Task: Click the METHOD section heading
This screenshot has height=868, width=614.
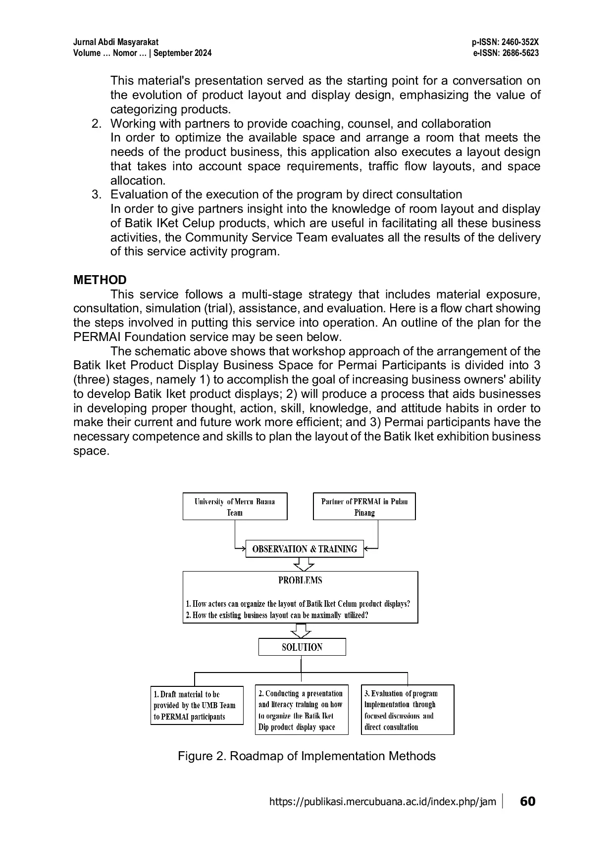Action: [x=100, y=280]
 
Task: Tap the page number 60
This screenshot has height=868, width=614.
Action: [x=528, y=801]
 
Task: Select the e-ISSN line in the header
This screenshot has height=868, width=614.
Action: [x=506, y=53]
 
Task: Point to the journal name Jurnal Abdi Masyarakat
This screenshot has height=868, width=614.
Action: [x=116, y=43]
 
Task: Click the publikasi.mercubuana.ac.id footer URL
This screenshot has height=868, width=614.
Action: [x=382, y=802]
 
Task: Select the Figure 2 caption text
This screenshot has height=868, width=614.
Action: [x=307, y=756]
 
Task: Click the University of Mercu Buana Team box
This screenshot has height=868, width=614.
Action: [x=235, y=506]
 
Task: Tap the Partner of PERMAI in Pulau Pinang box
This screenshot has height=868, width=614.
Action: [x=364, y=506]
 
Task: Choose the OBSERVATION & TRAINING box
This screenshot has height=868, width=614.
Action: [x=305, y=549]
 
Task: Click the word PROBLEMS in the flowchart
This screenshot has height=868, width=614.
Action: [x=300, y=580]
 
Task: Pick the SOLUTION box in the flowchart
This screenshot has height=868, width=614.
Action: [x=302, y=647]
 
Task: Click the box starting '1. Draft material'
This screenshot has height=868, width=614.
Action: [x=197, y=705]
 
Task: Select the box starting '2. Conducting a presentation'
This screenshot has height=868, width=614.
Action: [x=302, y=710]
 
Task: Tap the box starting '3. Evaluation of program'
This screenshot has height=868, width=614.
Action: [x=408, y=710]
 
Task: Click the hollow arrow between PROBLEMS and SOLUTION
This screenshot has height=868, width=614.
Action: [x=301, y=630]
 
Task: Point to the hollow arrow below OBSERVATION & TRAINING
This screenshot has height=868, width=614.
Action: [x=304, y=564]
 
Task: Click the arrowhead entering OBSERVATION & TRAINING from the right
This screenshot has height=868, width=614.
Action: [x=367, y=548]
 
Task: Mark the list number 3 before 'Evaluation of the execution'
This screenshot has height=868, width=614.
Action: [x=96, y=194]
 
